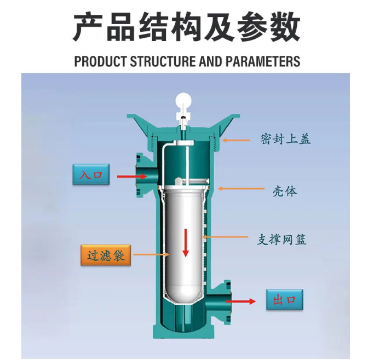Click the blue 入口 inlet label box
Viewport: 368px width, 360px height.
(91, 175)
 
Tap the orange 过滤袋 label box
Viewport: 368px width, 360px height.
(106, 255)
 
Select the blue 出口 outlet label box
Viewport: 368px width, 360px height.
(284, 300)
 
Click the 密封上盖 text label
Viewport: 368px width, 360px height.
(285, 139)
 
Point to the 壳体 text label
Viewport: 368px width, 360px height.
(285, 191)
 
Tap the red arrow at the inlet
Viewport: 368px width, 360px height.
(131, 176)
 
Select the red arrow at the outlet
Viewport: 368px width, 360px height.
(242, 301)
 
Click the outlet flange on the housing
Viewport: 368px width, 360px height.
(226, 301)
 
